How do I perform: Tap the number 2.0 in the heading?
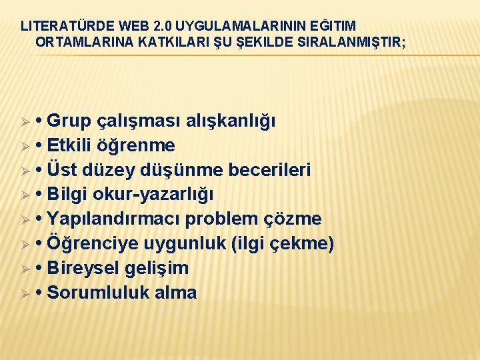coord(162,26)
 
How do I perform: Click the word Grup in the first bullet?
coord(71,121)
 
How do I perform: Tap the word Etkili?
coord(74,145)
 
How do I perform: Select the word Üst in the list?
coord(64,170)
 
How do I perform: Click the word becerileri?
coord(269,170)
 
